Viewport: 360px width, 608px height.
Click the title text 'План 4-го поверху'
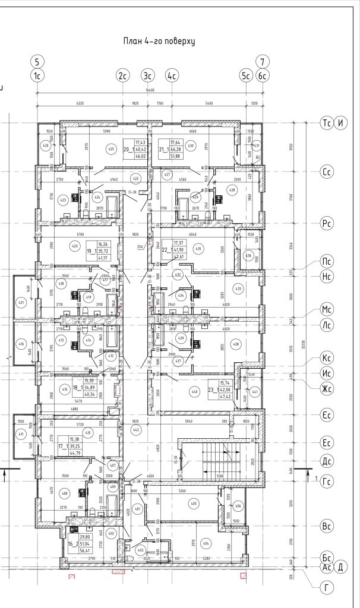coord(159,41)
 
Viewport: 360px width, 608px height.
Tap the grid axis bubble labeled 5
coord(37,61)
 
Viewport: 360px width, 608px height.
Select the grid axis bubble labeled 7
coord(263,61)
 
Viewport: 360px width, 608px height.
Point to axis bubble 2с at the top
coord(123,75)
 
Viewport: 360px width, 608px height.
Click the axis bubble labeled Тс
coord(326,123)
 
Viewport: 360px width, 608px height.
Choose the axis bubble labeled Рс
coord(326,224)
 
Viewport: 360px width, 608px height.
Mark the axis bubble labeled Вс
coord(326,526)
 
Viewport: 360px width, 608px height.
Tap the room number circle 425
coord(109,148)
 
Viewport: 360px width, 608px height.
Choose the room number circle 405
coord(193,504)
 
